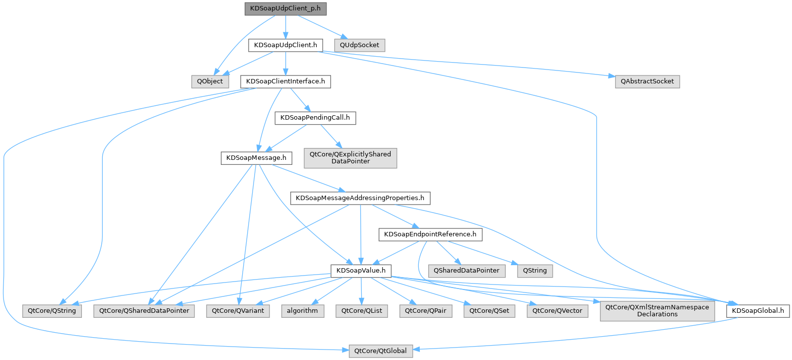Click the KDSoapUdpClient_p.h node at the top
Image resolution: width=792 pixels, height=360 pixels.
(285, 9)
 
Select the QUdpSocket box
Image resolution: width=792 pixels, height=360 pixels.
(359, 45)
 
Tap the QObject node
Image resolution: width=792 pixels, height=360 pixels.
(210, 81)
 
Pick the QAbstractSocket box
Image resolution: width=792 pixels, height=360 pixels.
(647, 81)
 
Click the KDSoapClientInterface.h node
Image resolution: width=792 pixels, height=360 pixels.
(285, 81)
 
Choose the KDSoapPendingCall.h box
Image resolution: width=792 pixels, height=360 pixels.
(315, 118)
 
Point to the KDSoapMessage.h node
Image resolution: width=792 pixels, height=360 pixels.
(256, 158)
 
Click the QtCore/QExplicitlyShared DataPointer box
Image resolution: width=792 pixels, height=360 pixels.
(350, 158)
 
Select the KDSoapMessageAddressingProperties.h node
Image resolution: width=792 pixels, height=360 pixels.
(360, 198)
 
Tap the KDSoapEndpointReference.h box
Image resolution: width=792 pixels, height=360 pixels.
(430, 234)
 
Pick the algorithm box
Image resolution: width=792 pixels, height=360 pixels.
(302, 311)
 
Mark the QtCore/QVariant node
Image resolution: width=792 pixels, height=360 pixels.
(238, 311)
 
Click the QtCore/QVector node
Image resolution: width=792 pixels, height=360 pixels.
(557, 311)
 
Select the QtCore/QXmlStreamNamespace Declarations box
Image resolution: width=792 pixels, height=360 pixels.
(657, 311)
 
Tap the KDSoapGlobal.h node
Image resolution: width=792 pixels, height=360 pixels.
(758, 311)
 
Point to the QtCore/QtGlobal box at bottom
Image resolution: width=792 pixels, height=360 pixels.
(380, 351)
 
